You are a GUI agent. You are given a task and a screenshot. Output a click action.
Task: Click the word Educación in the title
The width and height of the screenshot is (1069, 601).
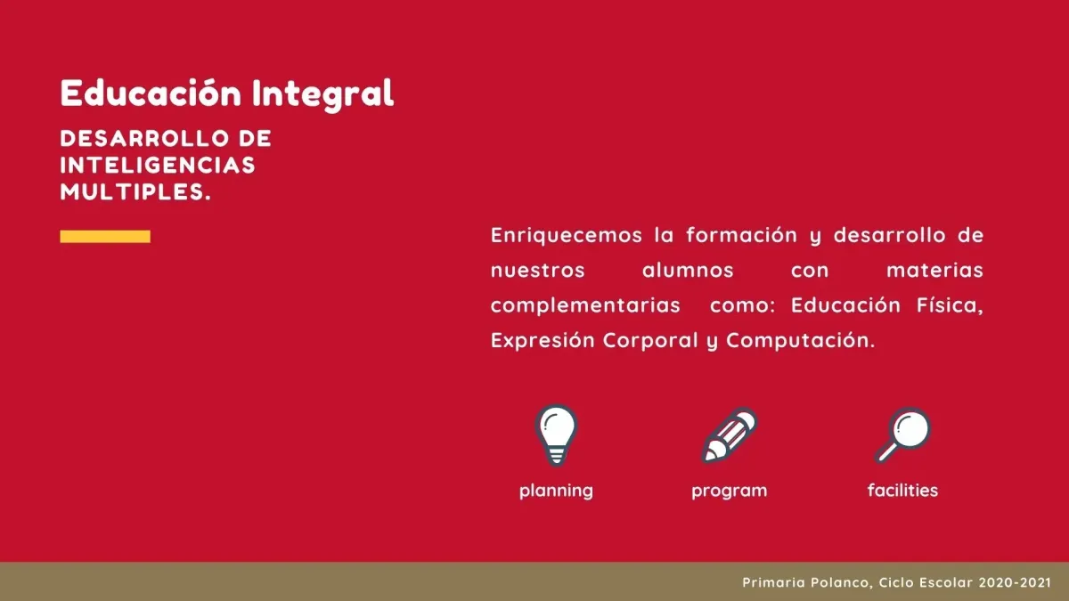point(151,93)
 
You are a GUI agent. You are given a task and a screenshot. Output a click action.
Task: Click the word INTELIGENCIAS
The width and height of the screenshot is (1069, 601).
point(158,166)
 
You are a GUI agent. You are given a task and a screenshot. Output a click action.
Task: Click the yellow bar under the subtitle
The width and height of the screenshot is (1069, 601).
point(105,237)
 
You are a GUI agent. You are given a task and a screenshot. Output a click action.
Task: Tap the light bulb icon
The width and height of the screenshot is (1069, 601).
point(556,435)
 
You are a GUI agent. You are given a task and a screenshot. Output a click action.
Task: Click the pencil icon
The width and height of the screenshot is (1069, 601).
point(730,435)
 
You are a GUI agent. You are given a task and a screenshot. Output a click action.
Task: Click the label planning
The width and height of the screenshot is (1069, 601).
point(556,491)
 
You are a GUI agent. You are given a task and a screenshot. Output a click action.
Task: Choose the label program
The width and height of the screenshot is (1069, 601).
point(730,491)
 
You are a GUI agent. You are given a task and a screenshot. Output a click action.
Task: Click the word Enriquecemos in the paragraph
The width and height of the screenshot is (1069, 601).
point(567,236)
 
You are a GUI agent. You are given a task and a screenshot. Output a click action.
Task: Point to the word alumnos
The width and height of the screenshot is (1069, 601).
point(688,271)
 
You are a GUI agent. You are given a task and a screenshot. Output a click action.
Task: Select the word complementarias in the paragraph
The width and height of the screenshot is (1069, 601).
point(585,306)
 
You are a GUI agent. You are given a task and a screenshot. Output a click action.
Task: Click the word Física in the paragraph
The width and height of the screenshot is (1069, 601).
point(951,305)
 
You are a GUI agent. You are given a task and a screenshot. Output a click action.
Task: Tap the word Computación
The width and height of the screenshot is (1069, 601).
point(801,341)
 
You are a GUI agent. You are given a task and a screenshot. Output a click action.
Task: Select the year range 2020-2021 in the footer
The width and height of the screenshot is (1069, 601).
point(1015,582)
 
